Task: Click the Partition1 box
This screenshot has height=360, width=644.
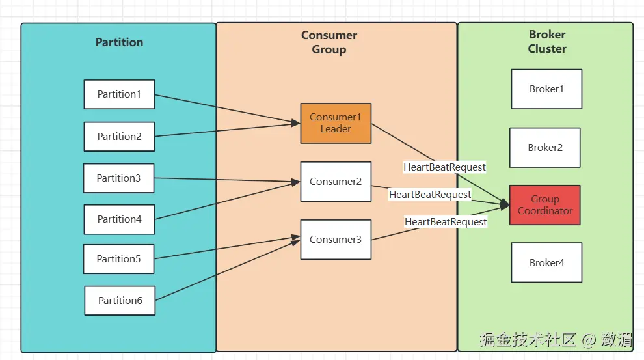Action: pos(119,94)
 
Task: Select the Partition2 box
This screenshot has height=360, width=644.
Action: pos(119,137)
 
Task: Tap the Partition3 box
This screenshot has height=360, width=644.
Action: pos(118,178)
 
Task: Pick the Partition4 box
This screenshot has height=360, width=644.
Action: pos(119,219)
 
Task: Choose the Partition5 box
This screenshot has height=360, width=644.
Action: pos(118,259)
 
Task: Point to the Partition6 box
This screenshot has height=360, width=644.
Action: pos(120,301)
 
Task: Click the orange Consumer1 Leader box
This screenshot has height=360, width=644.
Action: pos(336,123)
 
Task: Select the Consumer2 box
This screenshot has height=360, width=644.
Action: pos(336,182)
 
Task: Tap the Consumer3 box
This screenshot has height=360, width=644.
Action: pos(336,240)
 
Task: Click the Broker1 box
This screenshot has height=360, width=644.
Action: pos(546,89)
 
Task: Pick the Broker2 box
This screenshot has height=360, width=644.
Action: pos(545,148)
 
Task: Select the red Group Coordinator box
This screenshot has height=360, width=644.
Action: pos(545,205)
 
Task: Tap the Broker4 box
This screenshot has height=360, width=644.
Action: pos(546,263)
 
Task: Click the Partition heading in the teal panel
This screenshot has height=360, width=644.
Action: pos(119,42)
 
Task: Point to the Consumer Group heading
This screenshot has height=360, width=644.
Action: pos(329,42)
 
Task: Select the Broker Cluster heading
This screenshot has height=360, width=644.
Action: pos(547,42)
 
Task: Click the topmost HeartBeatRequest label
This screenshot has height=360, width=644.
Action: pos(444,167)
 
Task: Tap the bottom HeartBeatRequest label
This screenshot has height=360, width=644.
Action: pos(446,222)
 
